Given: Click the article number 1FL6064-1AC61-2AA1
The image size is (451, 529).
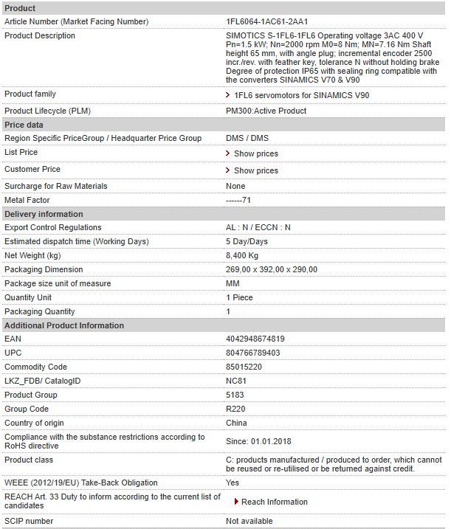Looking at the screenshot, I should (x=266, y=21).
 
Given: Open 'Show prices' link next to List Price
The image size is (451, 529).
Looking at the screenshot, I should (x=255, y=153).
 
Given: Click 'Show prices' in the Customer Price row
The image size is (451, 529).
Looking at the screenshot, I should (x=255, y=170).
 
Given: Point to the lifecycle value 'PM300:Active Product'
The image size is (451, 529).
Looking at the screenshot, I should (x=266, y=111).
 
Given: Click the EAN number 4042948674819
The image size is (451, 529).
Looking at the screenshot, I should (x=255, y=339).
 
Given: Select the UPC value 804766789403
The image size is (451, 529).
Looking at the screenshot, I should (x=252, y=353).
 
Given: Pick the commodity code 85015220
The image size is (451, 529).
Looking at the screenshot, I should (x=244, y=367).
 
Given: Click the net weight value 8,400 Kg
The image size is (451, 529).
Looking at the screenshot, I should (x=242, y=256).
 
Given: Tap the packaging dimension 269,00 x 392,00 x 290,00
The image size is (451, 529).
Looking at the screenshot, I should (x=272, y=270).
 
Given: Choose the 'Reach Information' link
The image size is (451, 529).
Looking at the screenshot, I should (x=274, y=502).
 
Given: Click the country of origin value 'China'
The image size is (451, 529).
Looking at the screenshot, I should (x=237, y=423).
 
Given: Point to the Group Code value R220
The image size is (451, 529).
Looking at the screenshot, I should (x=235, y=409).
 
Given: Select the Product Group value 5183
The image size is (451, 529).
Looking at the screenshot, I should (x=235, y=395).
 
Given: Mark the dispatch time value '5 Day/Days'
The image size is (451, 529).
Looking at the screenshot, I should (x=247, y=242).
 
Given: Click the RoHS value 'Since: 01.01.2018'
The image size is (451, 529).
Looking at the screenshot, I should (x=260, y=441).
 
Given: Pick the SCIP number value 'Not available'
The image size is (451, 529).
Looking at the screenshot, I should (x=249, y=522).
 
